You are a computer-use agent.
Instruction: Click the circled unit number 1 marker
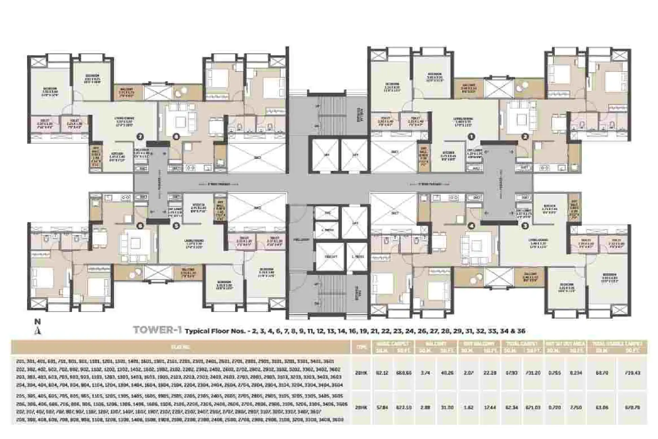(471, 137)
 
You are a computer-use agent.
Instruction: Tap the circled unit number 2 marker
(525, 137)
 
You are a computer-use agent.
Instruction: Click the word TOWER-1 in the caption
(158, 330)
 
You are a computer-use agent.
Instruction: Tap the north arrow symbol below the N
(38, 331)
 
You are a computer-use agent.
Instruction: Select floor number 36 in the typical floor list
(521, 331)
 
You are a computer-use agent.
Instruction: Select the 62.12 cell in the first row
(382, 373)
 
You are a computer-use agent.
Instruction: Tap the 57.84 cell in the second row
(382, 407)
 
